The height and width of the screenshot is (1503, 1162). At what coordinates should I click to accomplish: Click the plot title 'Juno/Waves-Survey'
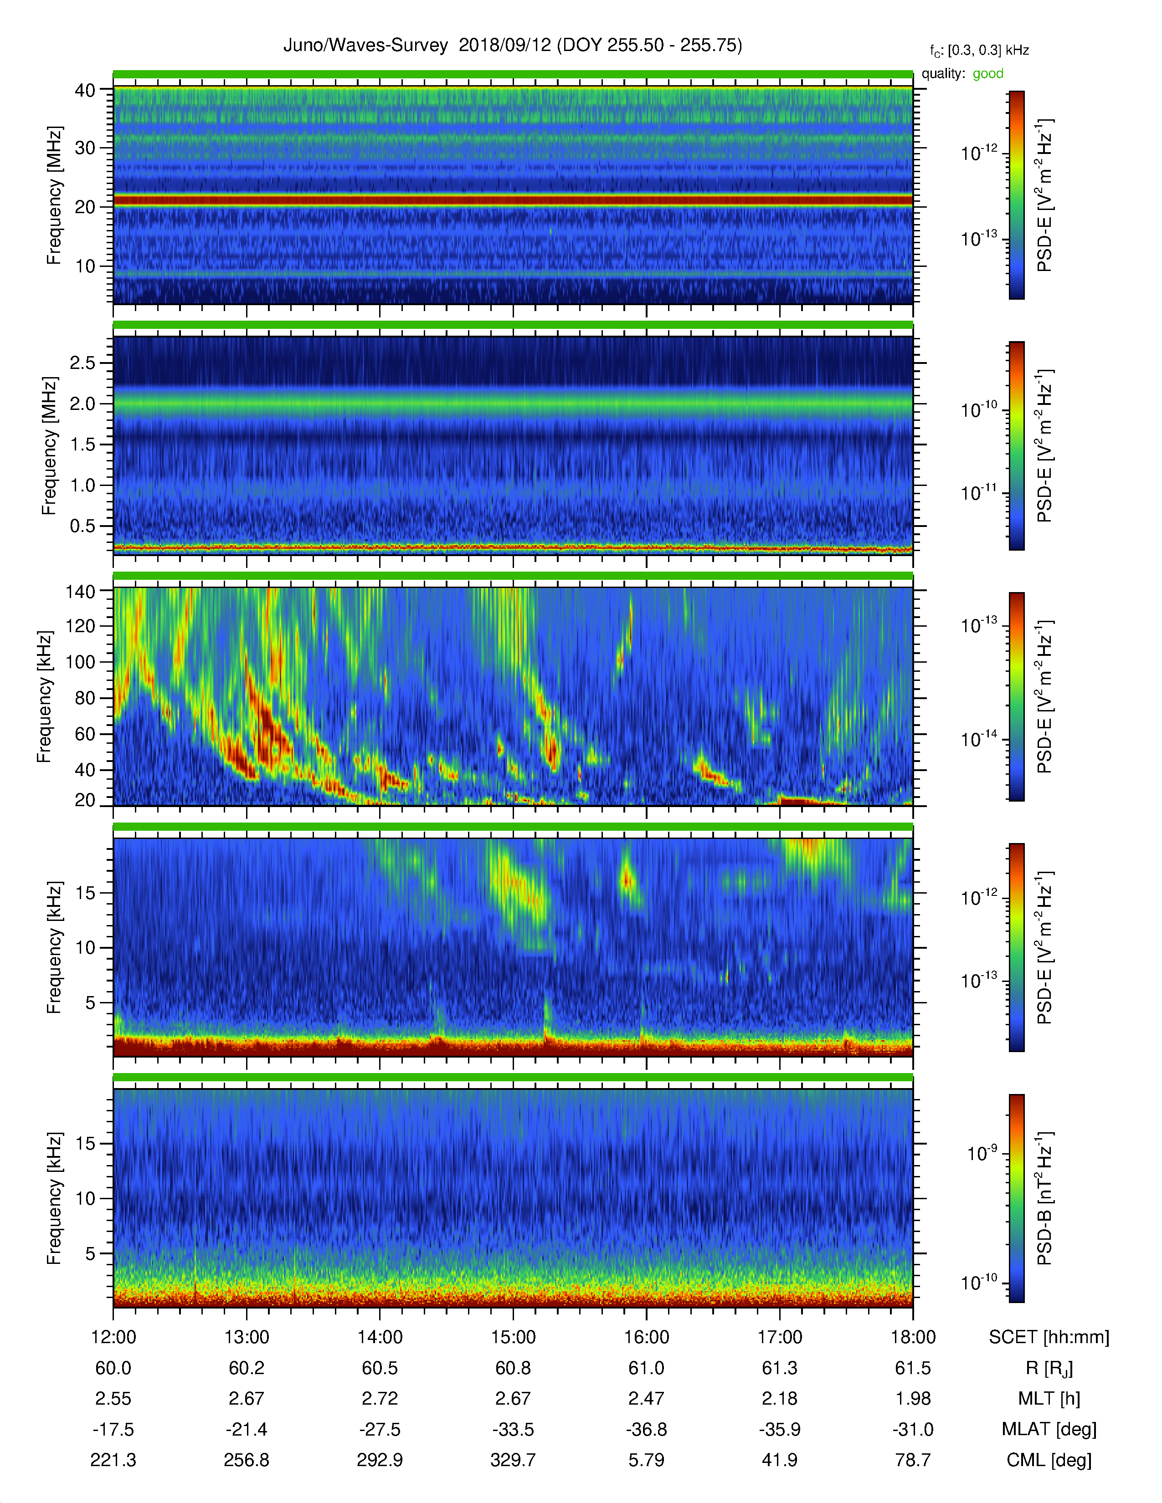[x=365, y=46]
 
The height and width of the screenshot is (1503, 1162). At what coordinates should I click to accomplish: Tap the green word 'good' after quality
[x=988, y=74]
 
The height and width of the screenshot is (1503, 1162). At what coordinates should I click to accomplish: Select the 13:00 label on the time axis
[x=247, y=1337]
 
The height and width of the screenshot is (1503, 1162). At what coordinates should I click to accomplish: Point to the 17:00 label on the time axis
[x=780, y=1337]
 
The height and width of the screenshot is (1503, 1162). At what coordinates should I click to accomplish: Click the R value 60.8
[x=513, y=1368]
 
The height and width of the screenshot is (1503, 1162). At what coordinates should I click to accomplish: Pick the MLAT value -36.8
[x=647, y=1429]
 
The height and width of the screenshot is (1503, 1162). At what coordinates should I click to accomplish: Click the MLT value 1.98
[x=913, y=1398]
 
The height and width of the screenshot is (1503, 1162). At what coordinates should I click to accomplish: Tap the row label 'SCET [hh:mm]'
[x=1049, y=1337]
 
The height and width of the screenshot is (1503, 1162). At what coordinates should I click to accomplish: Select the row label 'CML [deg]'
[x=1049, y=1460]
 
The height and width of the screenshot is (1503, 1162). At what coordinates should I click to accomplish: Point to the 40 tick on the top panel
[x=85, y=90]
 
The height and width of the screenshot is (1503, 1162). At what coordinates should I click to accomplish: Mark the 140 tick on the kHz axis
[x=80, y=591]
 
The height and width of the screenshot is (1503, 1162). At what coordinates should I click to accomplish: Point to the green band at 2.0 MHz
[x=513, y=404]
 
